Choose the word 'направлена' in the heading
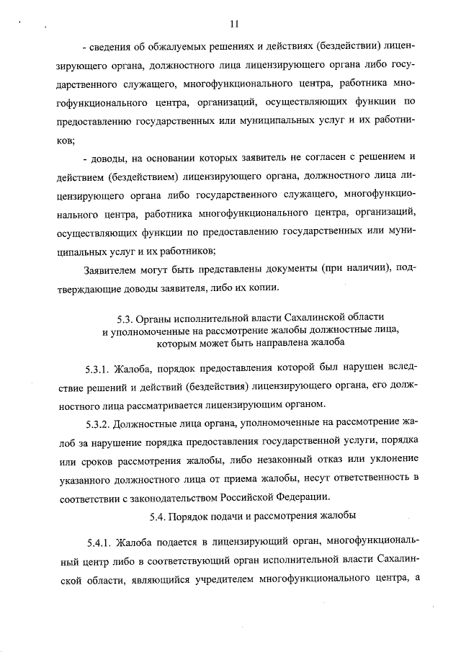(275, 343)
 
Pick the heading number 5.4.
(158, 517)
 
